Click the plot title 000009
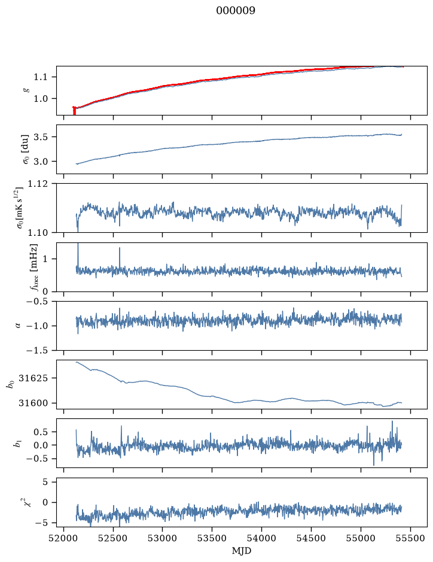point(236,11)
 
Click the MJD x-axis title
point(242,551)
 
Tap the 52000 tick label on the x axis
point(64,538)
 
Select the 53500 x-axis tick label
point(212,538)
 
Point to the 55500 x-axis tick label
point(410,538)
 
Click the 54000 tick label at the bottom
point(261,538)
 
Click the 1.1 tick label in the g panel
point(41,77)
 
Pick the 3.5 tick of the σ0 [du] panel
point(41,137)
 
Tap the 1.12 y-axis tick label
point(38,184)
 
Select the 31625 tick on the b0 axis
point(33,378)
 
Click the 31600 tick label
point(33,403)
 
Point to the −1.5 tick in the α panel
point(37,350)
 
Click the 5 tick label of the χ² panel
point(45,482)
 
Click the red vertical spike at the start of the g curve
point(75,111)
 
